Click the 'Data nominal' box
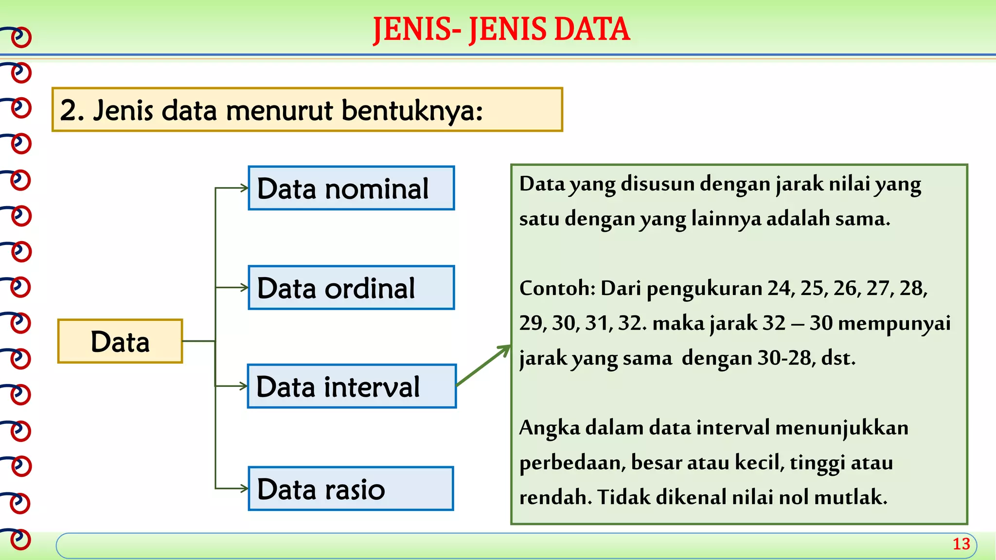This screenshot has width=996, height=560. point(351,188)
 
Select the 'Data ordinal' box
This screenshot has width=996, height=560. point(351,288)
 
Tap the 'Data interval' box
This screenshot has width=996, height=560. point(352,386)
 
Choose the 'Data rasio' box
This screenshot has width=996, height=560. point(351,489)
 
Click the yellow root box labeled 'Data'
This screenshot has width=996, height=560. point(120,341)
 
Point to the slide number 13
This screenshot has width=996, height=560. point(961,544)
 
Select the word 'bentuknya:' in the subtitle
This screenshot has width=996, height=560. point(412,110)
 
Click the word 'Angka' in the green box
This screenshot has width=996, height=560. point(550,428)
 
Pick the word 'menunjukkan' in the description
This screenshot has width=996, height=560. point(841,428)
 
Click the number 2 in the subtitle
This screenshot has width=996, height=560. point(69,110)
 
